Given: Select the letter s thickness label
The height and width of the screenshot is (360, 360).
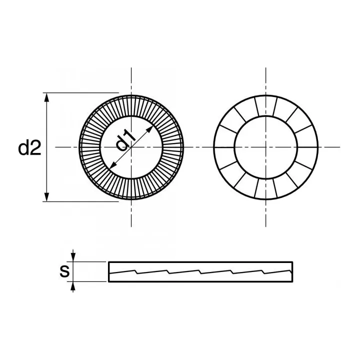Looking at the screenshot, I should [64, 271].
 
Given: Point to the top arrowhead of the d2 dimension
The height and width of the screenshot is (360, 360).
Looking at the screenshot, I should [47, 97].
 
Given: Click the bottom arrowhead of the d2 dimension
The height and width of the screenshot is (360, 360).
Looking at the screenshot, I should [47, 197].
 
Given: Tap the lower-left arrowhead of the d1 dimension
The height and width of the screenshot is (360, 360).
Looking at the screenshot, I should [112, 166].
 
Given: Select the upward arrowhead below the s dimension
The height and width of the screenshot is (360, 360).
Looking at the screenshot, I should [73, 285].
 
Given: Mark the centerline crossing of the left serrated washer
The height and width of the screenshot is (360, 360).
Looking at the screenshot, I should [131, 147].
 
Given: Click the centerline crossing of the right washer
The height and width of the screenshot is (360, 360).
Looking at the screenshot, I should [265, 147].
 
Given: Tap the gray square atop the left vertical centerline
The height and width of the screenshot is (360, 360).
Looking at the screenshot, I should [130, 66].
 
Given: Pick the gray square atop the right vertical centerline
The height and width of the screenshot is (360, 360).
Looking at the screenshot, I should [266, 66].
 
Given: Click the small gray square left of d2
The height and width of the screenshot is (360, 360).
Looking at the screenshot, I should [17, 148].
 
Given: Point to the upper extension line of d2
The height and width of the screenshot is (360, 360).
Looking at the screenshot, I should [80, 92].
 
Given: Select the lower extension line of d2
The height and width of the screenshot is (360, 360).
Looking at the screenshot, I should [80, 202].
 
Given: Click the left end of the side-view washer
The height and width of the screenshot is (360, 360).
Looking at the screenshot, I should [109, 271].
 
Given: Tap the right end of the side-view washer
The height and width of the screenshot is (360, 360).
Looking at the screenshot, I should [292, 271].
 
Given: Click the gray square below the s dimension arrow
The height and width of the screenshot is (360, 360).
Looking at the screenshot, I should [73, 294].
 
